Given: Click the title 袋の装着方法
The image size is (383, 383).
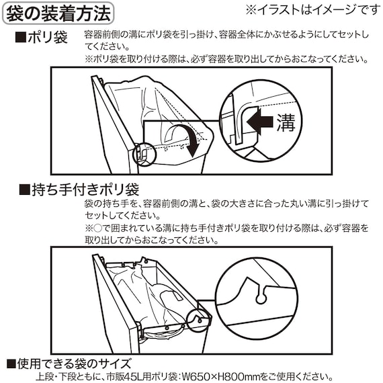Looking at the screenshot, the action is tap(58, 13).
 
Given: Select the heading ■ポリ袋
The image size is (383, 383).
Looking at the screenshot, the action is tap(42, 38).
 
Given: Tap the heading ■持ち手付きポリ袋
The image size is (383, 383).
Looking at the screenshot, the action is tap(79, 189).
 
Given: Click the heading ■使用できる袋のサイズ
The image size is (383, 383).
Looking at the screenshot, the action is tap(69, 364).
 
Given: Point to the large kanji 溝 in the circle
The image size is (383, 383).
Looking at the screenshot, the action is tap(286, 122).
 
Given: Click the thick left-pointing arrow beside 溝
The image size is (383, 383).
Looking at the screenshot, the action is tap(259, 122).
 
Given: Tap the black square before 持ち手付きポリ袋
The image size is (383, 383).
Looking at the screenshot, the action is tap(24, 190).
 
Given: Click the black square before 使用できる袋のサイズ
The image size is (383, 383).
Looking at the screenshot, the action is tap(11, 364).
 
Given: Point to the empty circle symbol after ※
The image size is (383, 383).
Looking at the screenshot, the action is tap(97, 228).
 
